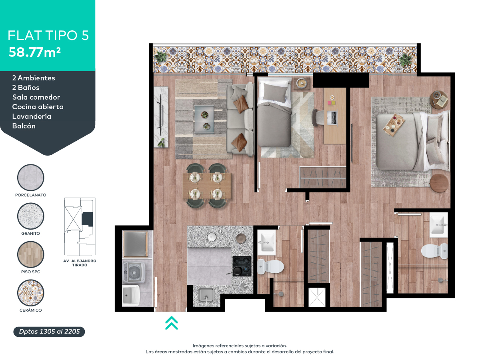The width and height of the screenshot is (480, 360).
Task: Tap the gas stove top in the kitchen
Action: (242, 266)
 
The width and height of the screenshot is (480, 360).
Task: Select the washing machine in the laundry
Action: (134, 272)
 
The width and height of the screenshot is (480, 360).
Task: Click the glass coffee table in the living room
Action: (204, 119)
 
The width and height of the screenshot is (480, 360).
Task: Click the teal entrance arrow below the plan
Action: (172, 323)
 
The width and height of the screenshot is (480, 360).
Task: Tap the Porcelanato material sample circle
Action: (31, 178)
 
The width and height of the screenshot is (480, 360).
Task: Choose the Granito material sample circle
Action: (31, 216)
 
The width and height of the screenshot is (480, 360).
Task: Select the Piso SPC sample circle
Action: (31, 254)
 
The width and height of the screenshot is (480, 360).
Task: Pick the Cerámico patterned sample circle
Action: (31, 293)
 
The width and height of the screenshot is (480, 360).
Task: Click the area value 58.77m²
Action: (34, 52)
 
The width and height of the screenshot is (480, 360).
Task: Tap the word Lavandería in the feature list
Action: (32, 116)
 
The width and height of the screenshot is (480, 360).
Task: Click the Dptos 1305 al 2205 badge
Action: (49, 332)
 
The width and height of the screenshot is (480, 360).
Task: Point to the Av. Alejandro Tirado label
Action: (80, 263)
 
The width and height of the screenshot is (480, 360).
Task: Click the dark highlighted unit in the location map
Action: (87, 219)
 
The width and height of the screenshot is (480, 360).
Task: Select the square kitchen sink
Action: (206, 295)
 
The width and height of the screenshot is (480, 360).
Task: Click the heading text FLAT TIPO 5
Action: (48, 36)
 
